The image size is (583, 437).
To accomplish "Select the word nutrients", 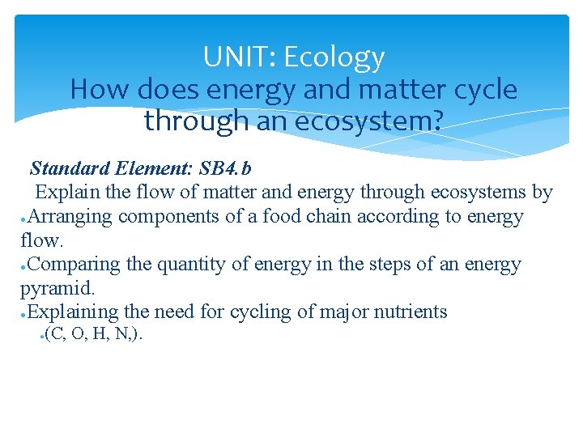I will click(x=410, y=312).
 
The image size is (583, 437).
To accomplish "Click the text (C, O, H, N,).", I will click(x=94, y=335).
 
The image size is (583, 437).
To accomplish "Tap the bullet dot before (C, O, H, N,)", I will click(x=40, y=337).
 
